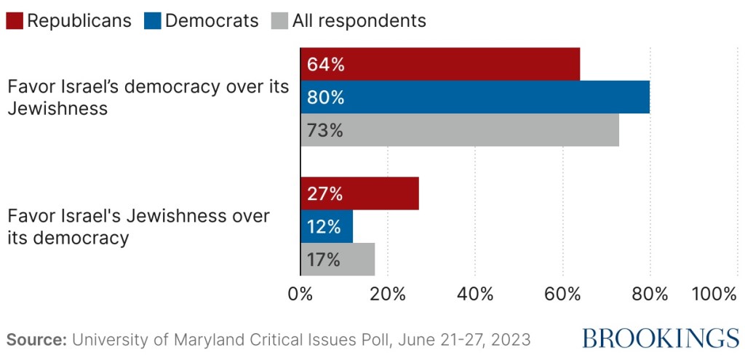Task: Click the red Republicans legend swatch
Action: click(x=14, y=20)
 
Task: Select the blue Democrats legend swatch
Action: click(x=152, y=20)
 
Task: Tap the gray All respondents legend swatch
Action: click(x=279, y=20)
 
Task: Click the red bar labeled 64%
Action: click(x=440, y=64)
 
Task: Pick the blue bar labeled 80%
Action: click(x=475, y=97)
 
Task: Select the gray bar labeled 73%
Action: click(x=460, y=131)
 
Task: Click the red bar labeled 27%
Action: click(x=359, y=193)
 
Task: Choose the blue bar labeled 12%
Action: click(x=327, y=226)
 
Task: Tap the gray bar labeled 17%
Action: click(x=338, y=260)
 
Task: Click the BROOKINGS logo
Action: click(x=660, y=337)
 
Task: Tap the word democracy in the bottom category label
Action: click(x=81, y=238)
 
